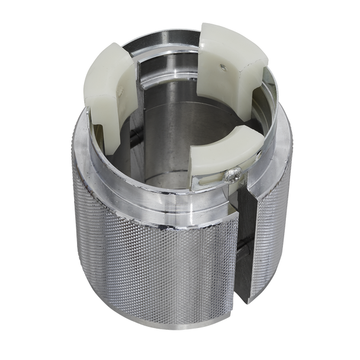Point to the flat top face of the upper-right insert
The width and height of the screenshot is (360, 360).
237,41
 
